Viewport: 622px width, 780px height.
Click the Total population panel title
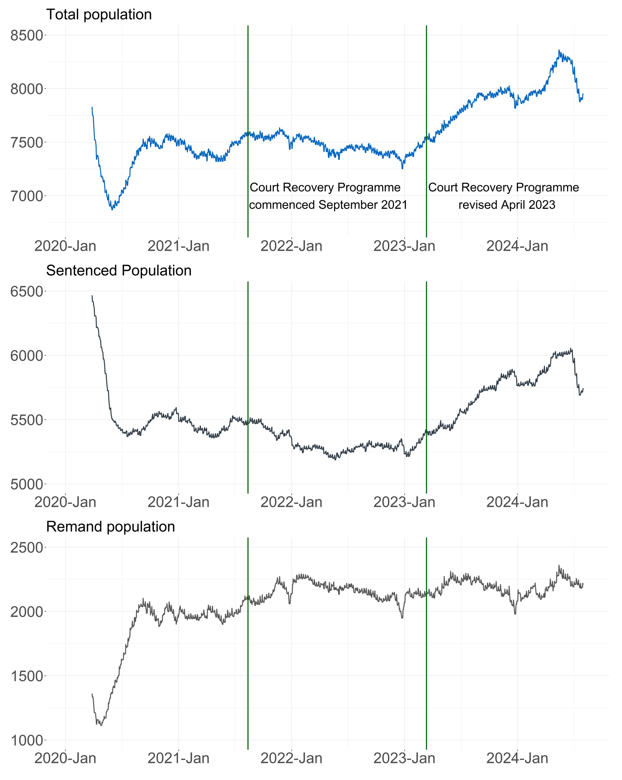click(99, 14)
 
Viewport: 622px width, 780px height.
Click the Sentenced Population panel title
click(118, 271)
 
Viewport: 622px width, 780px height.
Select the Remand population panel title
click(110, 527)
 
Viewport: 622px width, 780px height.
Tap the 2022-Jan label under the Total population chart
click(291, 246)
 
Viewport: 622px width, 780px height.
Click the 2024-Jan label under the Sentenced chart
click(517, 502)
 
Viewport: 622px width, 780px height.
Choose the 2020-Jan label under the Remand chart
click(66, 758)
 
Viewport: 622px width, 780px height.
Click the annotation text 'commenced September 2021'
click(328, 205)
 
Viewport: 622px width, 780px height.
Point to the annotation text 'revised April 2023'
click(507, 205)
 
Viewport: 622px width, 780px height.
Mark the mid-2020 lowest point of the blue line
click(112, 210)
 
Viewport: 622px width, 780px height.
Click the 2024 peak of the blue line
click(559, 50)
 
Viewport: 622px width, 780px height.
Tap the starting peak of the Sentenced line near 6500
click(92, 296)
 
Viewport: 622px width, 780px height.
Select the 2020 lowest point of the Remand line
click(101, 725)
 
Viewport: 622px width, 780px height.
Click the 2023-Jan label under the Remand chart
click(404, 758)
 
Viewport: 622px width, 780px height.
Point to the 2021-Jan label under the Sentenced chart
click(178, 502)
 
